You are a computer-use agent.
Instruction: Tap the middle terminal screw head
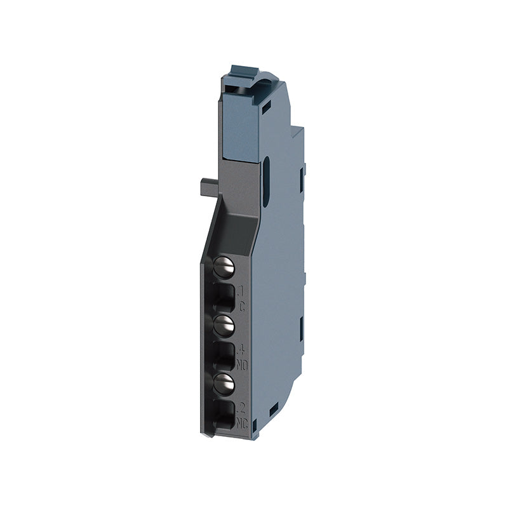coord(223,326)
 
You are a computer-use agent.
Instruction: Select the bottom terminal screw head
coord(223,382)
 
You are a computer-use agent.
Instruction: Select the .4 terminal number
coord(241,350)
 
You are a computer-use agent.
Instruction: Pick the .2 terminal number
coord(241,406)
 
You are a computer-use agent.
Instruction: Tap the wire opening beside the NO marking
coord(223,354)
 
